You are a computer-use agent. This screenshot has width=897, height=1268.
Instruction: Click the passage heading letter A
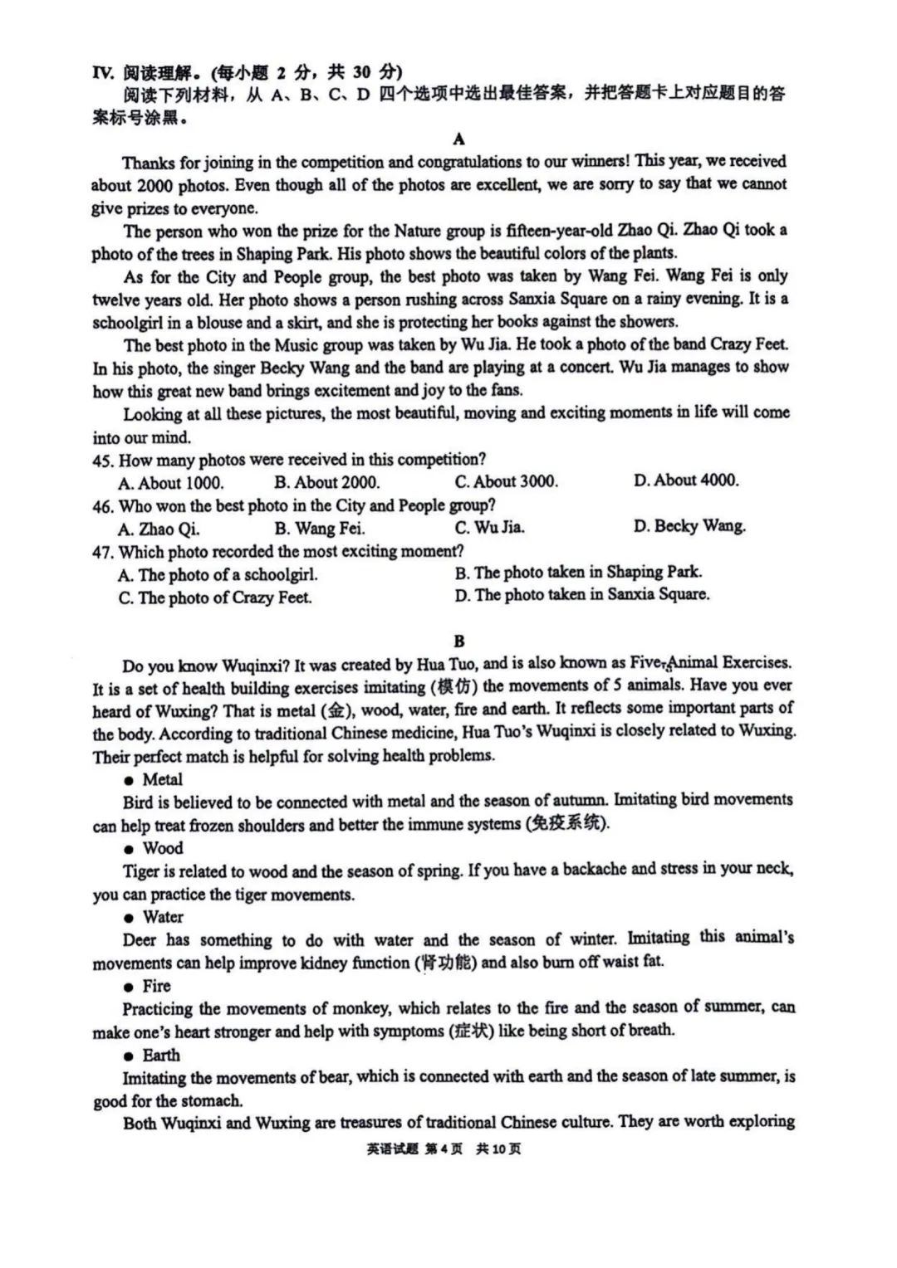(x=459, y=139)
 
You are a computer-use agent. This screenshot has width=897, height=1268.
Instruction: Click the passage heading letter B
(x=459, y=641)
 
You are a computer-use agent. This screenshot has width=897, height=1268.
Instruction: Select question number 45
(x=102, y=460)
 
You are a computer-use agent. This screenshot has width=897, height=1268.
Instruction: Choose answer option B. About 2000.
(x=326, y=482)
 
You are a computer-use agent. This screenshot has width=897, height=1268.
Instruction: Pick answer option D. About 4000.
(x=685, y=480)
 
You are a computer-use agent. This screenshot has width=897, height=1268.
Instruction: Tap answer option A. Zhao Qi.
(x=158, y=529)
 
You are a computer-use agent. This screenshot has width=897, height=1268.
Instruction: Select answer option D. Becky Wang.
(x=689, y=526)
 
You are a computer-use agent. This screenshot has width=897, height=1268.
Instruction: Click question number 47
(x=102, y=552)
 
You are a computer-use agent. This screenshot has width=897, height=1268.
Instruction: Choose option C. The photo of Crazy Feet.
(x=214, y=597)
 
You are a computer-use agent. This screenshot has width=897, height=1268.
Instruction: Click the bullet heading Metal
(x=162, y=779)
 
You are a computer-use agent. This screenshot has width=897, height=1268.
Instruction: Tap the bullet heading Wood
(x=162, y=848)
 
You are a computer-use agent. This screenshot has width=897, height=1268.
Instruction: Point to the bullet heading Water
(x=163, y=917)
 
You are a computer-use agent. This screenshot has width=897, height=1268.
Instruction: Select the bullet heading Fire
(x=156, y=986)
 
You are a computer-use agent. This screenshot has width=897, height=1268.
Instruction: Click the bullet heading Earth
(x=160, y=1055)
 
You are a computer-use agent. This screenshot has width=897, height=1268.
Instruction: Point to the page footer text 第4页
(x=444, y=1149)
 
